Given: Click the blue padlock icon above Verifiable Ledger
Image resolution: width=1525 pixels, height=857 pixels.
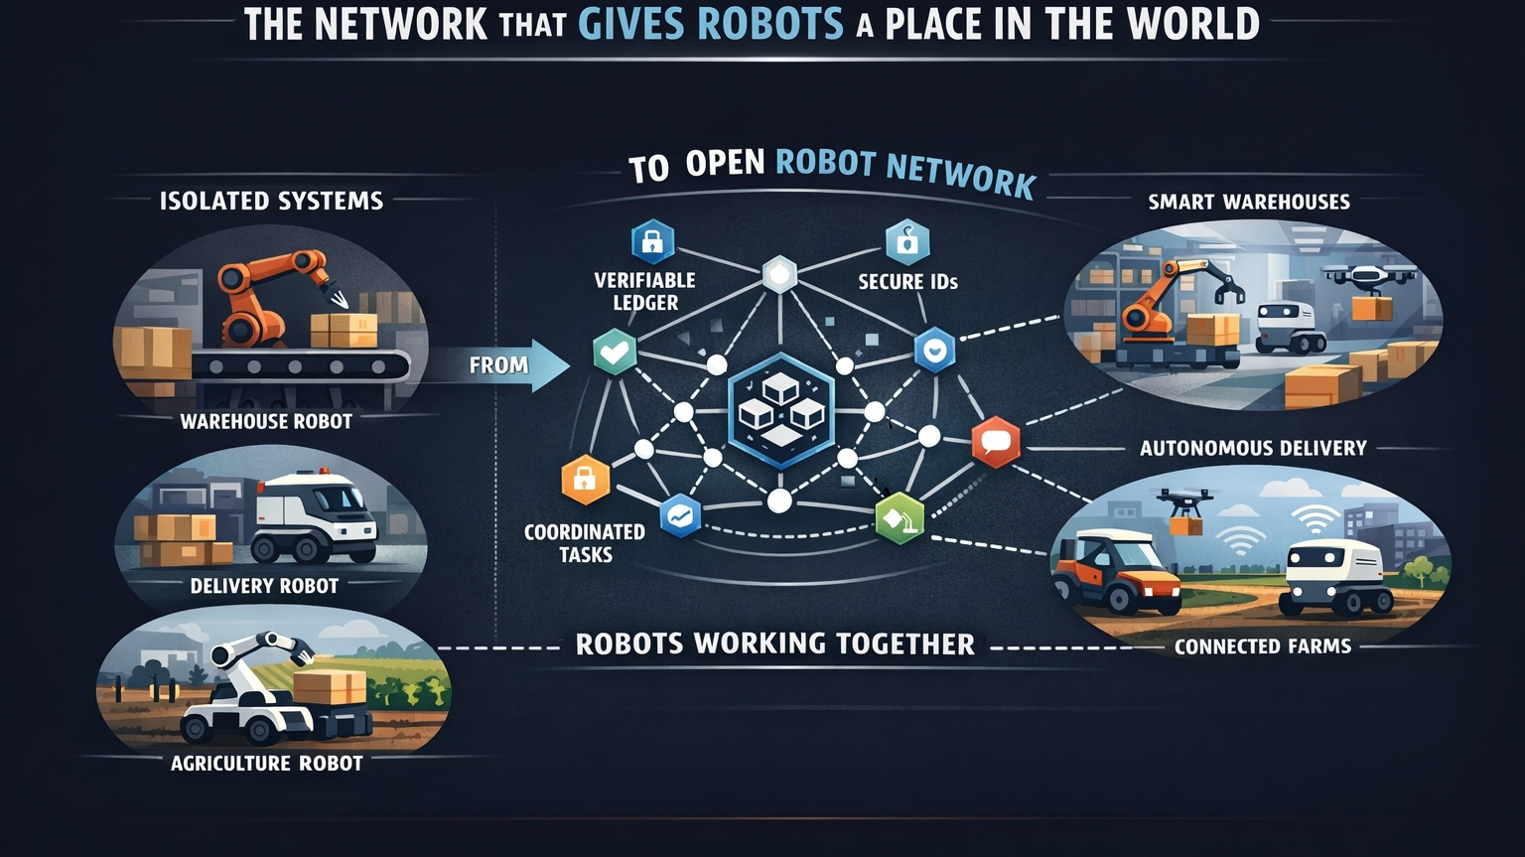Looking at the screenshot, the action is click(x=652, y=241).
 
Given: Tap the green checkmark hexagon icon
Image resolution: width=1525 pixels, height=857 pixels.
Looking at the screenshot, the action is click(x=615, y=352).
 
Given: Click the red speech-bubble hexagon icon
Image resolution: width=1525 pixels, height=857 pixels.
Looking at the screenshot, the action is click(x=995, y=442).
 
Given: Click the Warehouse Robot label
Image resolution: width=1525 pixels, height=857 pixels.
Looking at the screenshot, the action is click(x=266, y=421).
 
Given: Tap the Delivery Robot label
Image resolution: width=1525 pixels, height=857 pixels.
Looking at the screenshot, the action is click(x=264, y=586).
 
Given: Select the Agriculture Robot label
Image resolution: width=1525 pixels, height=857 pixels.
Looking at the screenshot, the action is click(x=266, y=763).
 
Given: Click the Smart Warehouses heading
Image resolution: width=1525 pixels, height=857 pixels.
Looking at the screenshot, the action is click(x=1249, y=202).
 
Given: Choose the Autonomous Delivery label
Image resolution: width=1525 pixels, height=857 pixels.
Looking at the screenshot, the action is click(x=1253, y=448).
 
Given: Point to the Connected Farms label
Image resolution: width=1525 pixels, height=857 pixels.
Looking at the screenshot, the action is click(x=1263, y=646).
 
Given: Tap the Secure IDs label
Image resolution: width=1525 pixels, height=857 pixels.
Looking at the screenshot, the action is click(x=907, y=282).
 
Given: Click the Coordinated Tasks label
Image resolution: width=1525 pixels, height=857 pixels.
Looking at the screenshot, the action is click(x=585, y=543).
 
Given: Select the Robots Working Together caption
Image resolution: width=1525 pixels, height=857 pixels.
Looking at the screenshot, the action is click(x=774, y=643).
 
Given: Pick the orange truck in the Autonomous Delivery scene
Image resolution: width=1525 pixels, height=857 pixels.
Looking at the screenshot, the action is click(x=1114, y=572).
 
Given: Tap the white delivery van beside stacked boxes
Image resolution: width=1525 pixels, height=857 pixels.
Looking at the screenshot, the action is click(x=316, y=518).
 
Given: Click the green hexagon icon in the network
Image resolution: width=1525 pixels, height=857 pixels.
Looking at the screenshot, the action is click(x=900, y=517).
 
